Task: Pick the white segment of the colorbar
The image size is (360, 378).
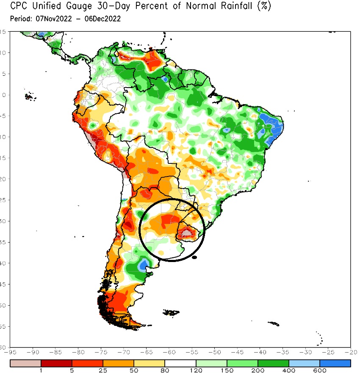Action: tap(180, 363)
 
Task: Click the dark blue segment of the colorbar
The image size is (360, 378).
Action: tap(335, 363)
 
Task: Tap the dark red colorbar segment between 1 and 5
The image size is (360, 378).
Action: tap(56, 363)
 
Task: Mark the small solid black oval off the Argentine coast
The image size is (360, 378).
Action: tap(194, 257)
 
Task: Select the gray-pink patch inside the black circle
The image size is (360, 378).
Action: tap(187, 232)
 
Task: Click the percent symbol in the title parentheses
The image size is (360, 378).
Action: tap(263, 7)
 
